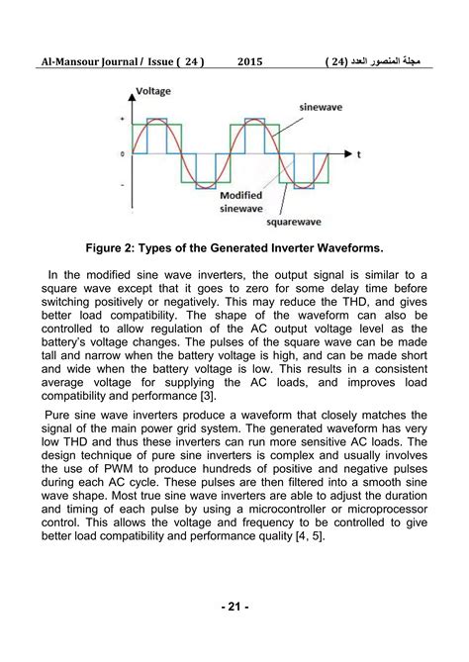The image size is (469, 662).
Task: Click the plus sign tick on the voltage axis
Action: click(x=121, y=119)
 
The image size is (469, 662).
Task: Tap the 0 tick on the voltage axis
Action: click(x=121, y=154)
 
